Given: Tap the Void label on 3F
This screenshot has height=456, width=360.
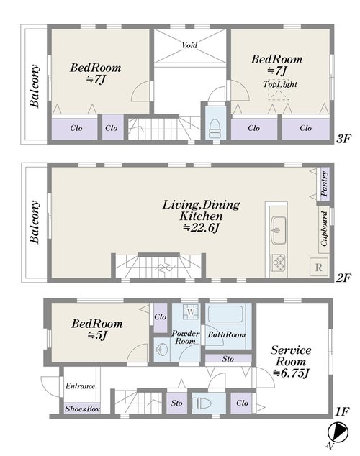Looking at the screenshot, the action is tap(189, 45).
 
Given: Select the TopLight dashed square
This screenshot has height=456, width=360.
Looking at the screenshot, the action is tap(279, 90).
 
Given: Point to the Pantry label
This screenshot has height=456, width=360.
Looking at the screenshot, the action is tap(325, 184).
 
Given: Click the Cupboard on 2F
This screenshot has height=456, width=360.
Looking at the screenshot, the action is tap(325, 229).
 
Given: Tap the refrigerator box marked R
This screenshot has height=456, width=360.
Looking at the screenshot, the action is tap(318, 267).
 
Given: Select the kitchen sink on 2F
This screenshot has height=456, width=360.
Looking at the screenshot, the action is tap(279, 230).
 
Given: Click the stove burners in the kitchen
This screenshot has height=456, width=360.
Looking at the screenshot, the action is tap(278, 263).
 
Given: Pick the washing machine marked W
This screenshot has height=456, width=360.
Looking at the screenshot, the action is tap(191, 311).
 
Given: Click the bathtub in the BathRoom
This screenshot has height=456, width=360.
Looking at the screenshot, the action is tap(225, 313).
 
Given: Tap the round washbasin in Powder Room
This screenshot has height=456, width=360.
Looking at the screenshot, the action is tap(161, 350).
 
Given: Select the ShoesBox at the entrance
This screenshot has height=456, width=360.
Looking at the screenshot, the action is tap(82, 409).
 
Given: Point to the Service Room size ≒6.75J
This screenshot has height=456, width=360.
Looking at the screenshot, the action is tap(291, 373).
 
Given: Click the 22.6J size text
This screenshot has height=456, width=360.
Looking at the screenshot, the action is tap(201, 228).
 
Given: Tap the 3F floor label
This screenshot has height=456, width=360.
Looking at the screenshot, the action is tap(343, 139).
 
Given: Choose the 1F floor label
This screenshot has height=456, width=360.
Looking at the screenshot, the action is tap(342, 411).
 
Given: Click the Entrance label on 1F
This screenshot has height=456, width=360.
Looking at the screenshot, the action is tap(81, 386).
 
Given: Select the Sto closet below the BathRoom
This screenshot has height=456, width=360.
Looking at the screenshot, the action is tap(228, 359).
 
